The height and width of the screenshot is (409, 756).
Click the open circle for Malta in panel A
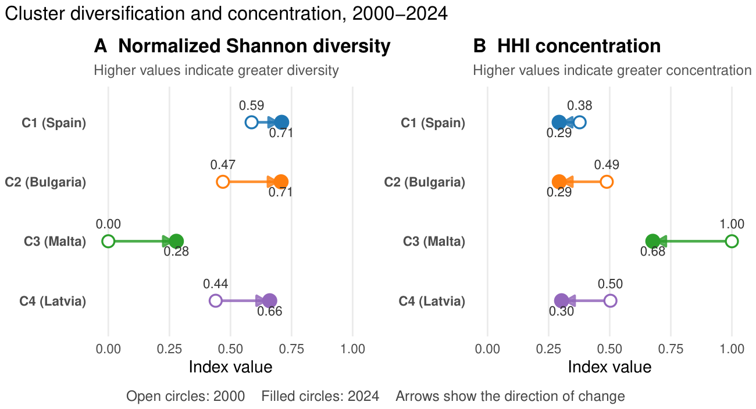pos(108,242)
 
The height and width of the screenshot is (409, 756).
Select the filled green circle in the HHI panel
pos(652,242)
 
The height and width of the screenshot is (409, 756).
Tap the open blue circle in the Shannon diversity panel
pos(251,123)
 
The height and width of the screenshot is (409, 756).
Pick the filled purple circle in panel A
pos(270,301)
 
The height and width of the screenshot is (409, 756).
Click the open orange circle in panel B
pos(607,182)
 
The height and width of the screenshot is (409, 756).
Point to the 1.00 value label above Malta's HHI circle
pos(732,224)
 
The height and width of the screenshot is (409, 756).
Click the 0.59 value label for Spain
pos(251,106)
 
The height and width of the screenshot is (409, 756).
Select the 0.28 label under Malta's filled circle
pos(176,252)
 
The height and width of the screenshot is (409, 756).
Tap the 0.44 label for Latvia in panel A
pos(215,284)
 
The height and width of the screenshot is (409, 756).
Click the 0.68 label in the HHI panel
pos(652,252)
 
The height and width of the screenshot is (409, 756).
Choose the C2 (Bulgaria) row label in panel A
pos(45,182)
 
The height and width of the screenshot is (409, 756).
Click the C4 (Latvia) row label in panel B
pos(432,301)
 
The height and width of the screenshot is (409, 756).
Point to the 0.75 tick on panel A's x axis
pos(291,349)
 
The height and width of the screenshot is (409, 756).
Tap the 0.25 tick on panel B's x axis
pos(548,349)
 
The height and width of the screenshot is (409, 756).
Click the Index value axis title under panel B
pos(609,367)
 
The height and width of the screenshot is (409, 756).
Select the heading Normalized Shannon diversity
pos(254,46)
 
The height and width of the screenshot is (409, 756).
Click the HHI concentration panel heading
pos(579,46)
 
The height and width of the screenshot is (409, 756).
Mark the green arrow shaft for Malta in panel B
pos(692,242)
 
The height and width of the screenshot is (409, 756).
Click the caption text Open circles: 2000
pos(186,396)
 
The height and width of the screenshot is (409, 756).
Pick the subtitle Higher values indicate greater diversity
pos(216,70)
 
